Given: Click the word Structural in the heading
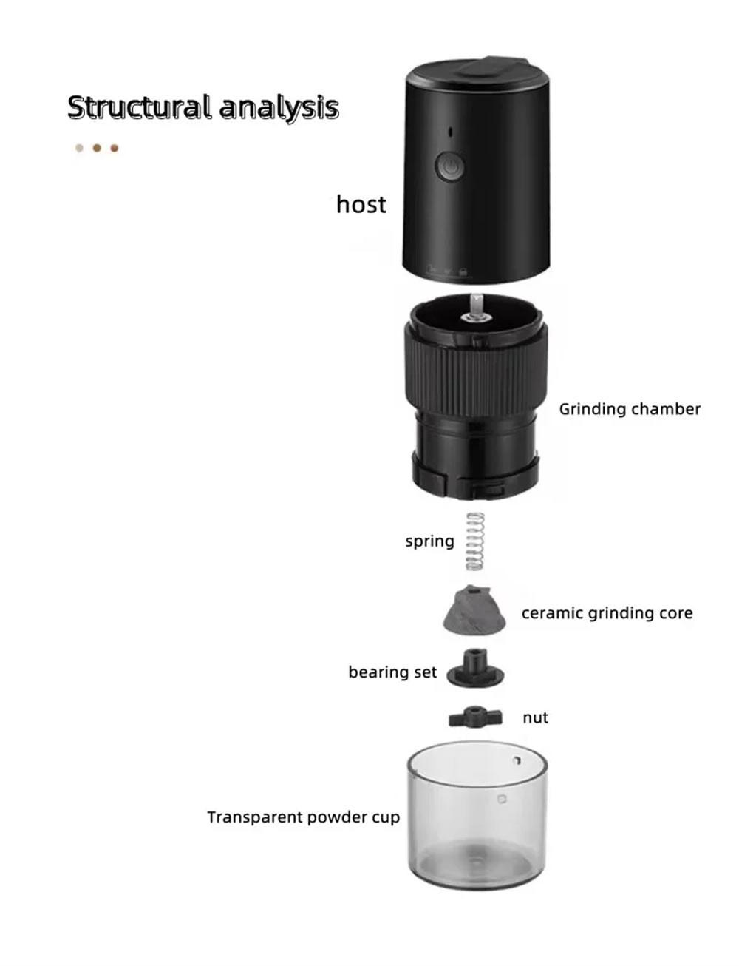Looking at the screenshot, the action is pyautogui.click(x=138, y=107).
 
